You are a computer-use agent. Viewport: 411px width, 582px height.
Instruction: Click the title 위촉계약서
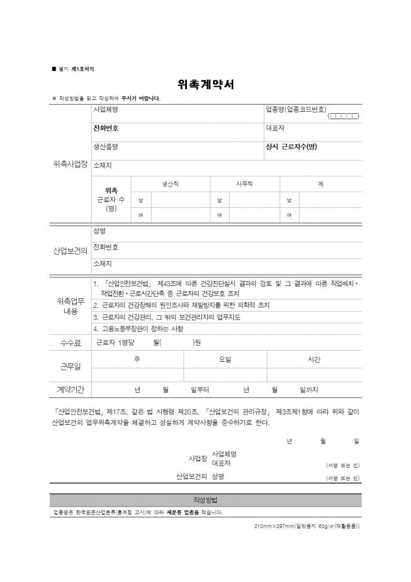205,84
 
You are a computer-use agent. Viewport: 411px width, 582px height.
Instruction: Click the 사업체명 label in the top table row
106,110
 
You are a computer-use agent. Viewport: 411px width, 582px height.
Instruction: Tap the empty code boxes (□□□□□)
344,116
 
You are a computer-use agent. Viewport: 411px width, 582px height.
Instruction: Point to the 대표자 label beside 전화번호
275,128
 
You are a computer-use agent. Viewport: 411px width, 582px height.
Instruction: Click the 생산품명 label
106,146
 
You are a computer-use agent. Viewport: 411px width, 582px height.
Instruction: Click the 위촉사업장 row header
69,165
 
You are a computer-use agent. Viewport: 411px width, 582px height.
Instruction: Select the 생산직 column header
170,184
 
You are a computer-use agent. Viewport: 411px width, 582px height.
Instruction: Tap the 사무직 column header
244,184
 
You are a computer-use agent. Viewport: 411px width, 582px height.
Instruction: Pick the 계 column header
320,184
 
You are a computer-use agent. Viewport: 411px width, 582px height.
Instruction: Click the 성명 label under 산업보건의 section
99,231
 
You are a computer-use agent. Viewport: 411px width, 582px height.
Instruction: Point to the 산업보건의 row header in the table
70,250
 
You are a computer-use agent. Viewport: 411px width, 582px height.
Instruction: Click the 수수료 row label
70,343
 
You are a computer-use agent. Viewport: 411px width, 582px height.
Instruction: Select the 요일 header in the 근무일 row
225,360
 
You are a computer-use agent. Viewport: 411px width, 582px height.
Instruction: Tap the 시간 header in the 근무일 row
314,360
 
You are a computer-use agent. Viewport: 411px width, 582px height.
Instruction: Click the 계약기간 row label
70,390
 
